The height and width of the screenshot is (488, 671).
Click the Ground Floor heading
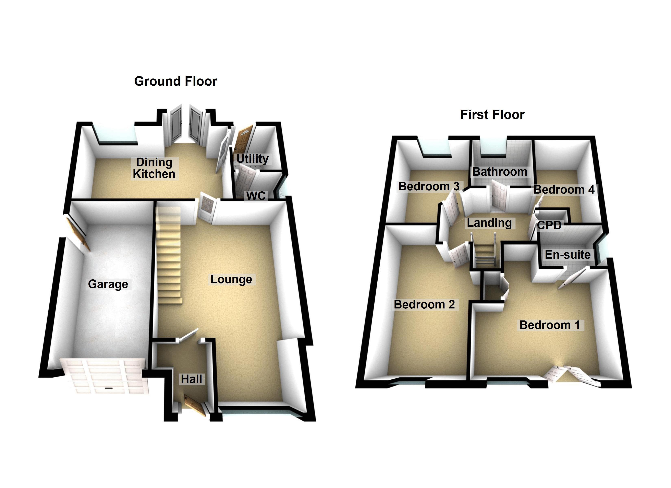coord(175,81)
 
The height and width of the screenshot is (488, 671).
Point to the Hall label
coord(191,379)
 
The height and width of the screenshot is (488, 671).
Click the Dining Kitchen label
coord(154,168)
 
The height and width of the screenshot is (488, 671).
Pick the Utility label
coord(252,159)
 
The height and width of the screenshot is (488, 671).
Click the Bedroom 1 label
coord(549,325)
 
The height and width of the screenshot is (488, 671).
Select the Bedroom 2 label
coord(424,305)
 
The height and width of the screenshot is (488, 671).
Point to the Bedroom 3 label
coord(429,186)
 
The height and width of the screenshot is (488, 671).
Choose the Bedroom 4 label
coord(564,190)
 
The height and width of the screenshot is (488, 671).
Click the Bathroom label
coord(500,172)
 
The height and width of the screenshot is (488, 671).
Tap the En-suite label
coord(568,255)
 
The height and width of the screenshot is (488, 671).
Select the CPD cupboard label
coord(549,225)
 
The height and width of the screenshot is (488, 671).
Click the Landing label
coord(489,223)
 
